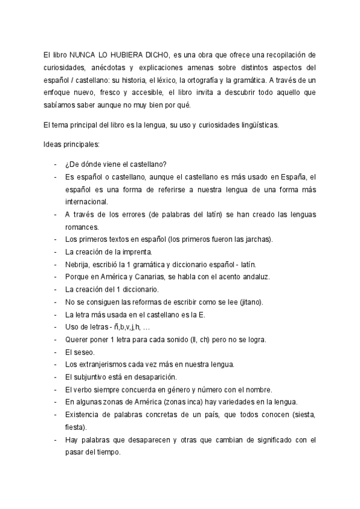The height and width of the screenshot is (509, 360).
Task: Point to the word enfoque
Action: pos(59,94)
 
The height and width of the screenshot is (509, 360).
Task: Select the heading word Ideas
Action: pos(53,145)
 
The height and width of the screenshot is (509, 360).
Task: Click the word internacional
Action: pos(86,202)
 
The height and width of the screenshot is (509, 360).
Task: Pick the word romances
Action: pos(83,227)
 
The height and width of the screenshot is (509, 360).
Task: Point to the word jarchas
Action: pos(257,239)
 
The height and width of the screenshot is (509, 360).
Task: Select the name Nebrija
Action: pos(78,265)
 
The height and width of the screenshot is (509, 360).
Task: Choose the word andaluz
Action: pos(254,277)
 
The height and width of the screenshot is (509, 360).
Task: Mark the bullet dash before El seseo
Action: pos(55,352)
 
